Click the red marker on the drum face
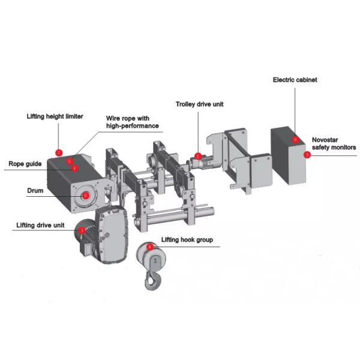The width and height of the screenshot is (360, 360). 85,195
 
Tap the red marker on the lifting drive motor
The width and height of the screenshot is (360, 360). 82,230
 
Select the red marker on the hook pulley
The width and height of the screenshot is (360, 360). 149,247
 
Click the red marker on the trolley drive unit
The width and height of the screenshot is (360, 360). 198,157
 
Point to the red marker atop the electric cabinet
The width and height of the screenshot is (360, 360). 295,139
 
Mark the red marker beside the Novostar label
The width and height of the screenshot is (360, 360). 307,154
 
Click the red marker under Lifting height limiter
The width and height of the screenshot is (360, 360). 59,152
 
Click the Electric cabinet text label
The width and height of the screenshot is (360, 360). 295,79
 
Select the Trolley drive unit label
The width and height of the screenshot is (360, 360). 200,104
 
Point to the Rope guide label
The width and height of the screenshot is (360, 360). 25,163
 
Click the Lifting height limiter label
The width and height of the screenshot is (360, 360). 55,116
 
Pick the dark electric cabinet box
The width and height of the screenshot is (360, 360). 289,155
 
